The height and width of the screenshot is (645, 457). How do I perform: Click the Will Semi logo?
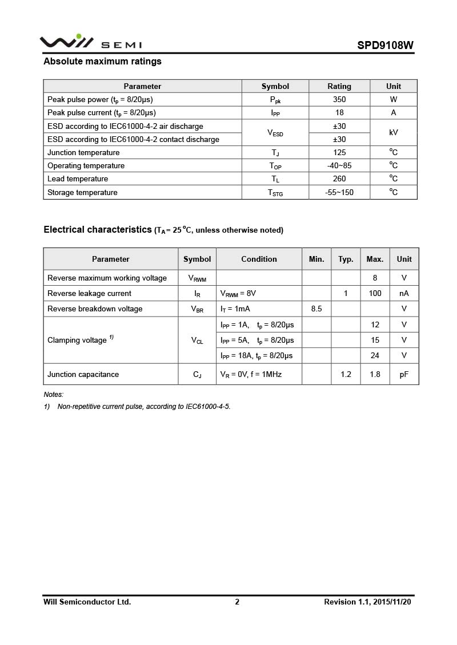[90, 42]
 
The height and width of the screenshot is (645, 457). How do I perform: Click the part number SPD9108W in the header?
[386, 45]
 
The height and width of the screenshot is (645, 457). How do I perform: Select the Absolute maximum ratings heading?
[102, 62]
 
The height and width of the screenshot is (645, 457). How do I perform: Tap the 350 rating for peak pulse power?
[339, 99]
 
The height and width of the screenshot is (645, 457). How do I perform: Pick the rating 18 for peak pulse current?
[339, 112]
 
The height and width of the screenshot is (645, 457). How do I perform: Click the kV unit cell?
[394, 132]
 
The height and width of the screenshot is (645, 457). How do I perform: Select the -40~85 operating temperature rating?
[339, 165]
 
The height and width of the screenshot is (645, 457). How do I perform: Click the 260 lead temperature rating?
[339, 179]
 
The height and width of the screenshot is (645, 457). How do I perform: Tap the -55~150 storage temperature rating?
[339, 192]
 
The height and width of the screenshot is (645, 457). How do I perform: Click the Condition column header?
[259, 259]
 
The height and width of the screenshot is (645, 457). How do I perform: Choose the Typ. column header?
[346, 259]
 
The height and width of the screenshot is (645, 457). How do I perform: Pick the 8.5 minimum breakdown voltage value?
[316, 309]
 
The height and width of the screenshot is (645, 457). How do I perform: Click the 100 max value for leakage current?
[375, 293]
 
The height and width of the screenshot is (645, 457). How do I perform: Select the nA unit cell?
[404, 293]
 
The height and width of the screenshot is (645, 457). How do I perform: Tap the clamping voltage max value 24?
[375, 355]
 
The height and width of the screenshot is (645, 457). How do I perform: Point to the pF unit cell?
[404, 374]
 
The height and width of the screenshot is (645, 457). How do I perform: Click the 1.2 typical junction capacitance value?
[346, 374]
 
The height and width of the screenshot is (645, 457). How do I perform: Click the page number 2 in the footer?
[237, 602]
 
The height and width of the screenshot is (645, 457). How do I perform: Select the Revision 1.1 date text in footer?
[367, 602]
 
